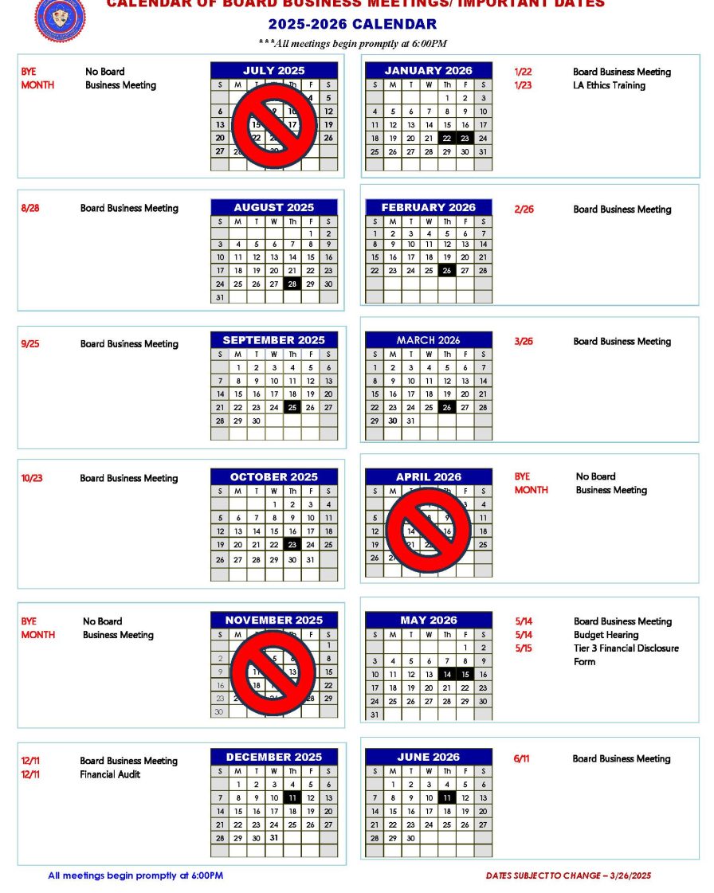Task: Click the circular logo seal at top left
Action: [60, 18]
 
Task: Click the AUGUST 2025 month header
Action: [274, 207]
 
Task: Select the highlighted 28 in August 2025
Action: [292, 284]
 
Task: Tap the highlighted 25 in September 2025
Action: [292, 407]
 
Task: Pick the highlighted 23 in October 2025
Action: [292, 545]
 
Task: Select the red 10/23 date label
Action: [32, 478]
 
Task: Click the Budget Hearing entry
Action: [606, 635]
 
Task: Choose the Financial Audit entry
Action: [110, 774]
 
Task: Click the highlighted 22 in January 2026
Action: [447, 138]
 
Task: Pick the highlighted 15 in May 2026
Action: [465, 674]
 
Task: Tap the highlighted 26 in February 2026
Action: [447, 270]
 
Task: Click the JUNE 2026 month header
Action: [429, 757]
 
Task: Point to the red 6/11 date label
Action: [522, 759]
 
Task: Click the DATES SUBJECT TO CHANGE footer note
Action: [568, 875]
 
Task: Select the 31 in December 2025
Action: [274, 837]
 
